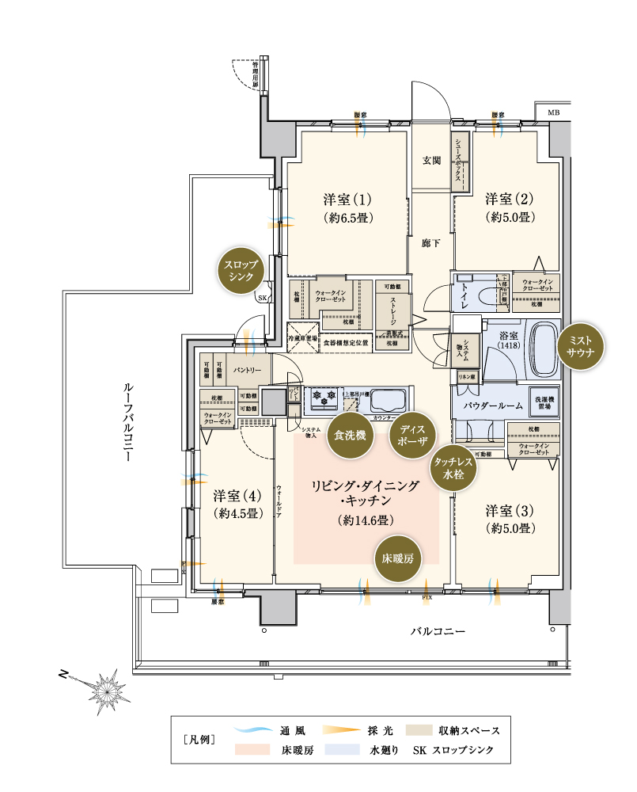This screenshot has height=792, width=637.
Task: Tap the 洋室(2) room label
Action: pyautogui.click(x=507, y=199)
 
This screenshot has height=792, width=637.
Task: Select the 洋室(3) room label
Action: pyautogui.click(x=507, y=510)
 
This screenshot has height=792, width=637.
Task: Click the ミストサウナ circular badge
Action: pyautogui.click(x=581, y=347)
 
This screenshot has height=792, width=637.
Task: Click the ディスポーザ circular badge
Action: pyautogui.click(x=411, y=435)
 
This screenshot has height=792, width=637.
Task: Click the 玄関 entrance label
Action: pyautogui.click(x=431, y=160)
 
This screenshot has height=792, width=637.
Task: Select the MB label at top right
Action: pyautogui.click(x=552, y=112)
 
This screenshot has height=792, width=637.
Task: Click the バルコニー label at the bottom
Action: pyautogui.click(x=438, y=631)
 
